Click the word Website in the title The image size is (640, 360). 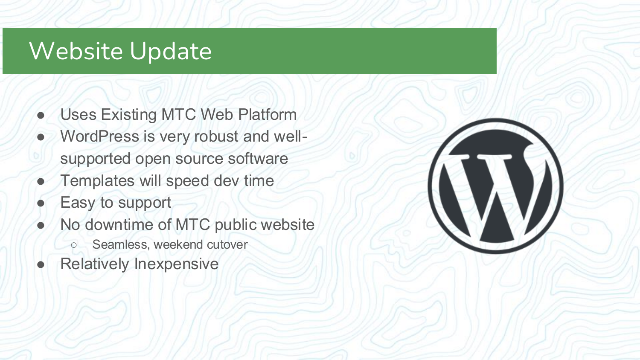(x=76, y=51)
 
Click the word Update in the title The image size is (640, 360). (x=170, y=52)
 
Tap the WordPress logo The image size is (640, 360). (x=495, y=186)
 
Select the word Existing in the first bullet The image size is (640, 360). (x=129, y=115)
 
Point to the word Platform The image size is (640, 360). (x=267, y=115)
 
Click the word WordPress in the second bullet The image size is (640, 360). (x=99, y=136)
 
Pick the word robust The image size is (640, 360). (x=216, y=136)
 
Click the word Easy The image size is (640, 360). (x=78, y=203)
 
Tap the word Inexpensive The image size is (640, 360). (x=176, y=264)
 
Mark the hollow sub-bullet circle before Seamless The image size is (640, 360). (x=74, y=245)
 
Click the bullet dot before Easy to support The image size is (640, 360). (x=41, y=203)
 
